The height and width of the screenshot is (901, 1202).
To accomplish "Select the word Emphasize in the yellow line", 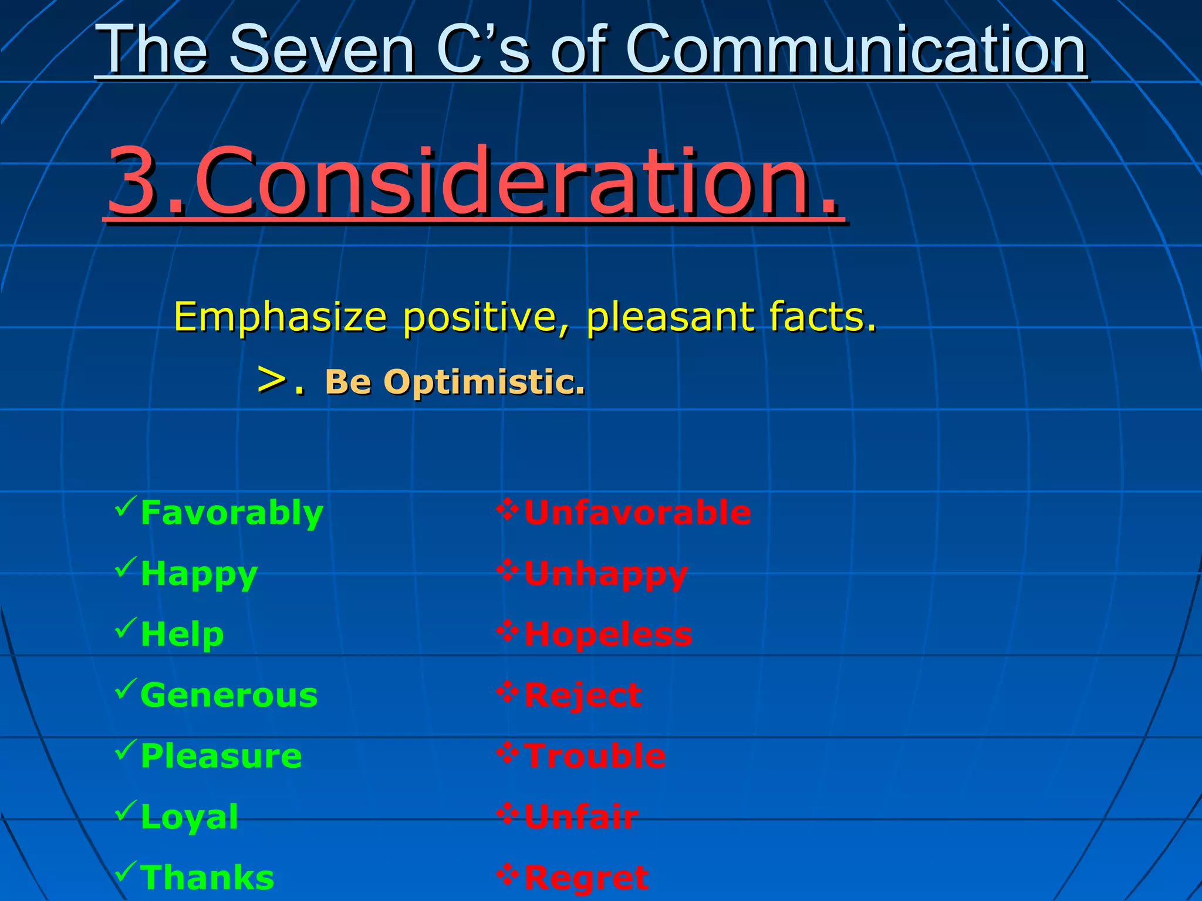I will pos(281,317).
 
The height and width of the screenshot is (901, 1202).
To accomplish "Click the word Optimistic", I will pos(484,382).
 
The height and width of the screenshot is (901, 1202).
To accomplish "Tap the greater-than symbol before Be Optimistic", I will pos(272,380).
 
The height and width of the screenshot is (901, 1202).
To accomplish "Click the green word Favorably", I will pos(232,513).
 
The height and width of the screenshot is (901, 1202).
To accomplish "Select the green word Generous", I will pos(229,695).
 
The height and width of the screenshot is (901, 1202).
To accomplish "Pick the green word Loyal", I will pos(189,817).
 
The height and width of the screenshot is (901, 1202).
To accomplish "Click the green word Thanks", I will pos(207,878).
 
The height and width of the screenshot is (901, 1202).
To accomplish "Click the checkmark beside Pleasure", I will pos(126,749).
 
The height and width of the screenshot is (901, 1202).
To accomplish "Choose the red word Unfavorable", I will pos(637,513).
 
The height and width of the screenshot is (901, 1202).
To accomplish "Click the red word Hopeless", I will pos(608,634).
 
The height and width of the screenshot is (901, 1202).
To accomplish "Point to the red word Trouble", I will pos(595,756).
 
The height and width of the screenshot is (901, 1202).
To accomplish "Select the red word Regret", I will pos(586,878).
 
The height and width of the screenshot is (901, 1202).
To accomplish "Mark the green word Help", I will pos(182,634).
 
